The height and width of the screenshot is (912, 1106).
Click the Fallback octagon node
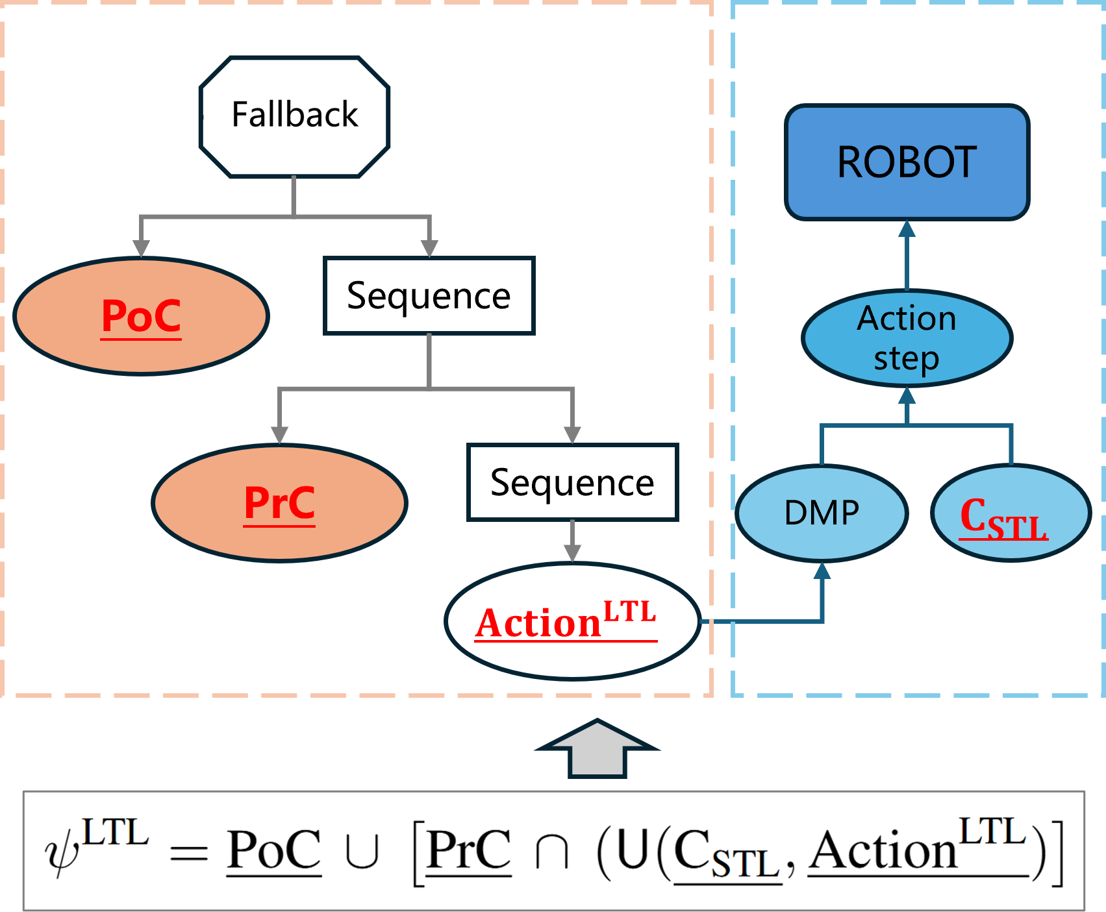[294, 117]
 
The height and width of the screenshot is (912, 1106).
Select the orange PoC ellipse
[142, 316]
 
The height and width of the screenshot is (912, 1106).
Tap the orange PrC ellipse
[279, 503]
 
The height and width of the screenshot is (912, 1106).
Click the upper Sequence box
[429, 296]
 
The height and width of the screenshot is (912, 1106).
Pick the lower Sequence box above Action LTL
[572, 482]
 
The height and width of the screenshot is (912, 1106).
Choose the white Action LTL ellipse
[573, 621]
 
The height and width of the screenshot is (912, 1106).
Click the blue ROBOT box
[907, 162]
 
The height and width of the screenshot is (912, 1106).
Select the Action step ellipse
[907, 338]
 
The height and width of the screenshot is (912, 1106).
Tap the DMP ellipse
[822, 513]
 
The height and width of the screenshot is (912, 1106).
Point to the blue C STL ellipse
[1011, 513]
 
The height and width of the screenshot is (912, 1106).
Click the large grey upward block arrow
[597, 748]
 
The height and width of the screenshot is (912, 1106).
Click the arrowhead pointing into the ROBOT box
[907, 228]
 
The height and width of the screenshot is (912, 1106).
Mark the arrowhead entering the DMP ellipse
[822, 570]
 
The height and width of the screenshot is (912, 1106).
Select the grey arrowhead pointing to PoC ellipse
[142, 249]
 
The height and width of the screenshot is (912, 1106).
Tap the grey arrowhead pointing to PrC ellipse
[279, 436]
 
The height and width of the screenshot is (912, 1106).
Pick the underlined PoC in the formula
[274, 850]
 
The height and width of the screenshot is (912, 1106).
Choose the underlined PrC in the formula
[469, 850]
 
